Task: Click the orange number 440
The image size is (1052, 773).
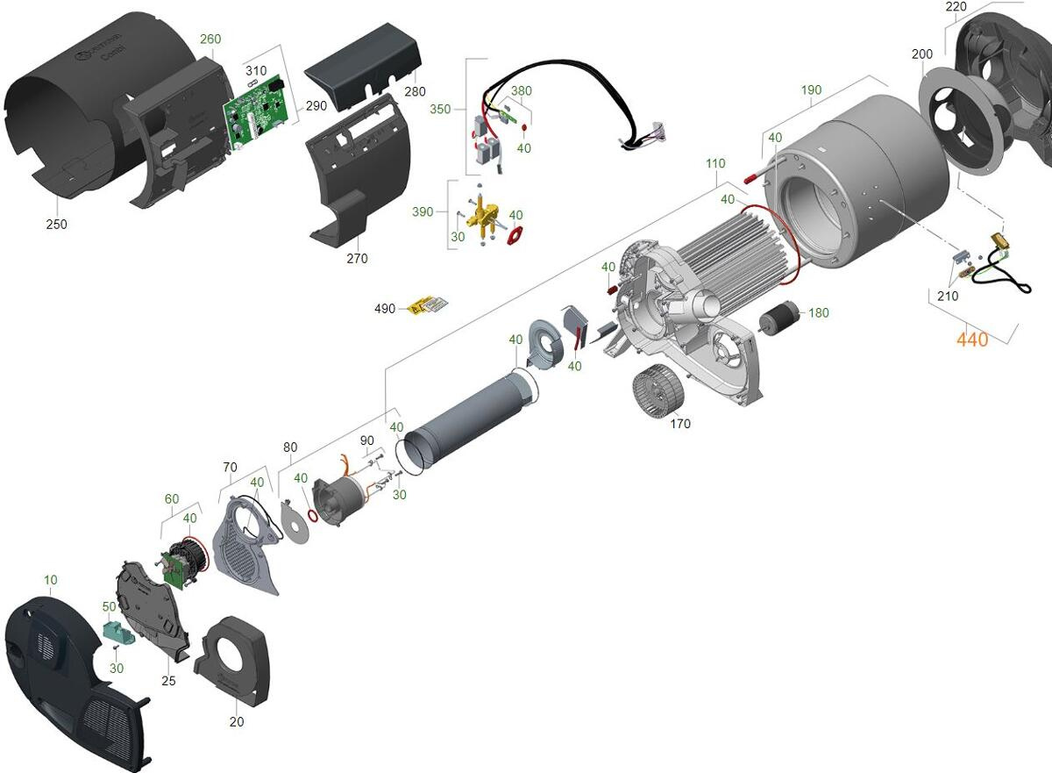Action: coord(972,340)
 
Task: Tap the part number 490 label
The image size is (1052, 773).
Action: coord(385,309)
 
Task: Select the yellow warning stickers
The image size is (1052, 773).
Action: coord(428,305)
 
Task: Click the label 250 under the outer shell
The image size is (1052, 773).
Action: coord(56,224)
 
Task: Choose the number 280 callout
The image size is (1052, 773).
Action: coord(415,91)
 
